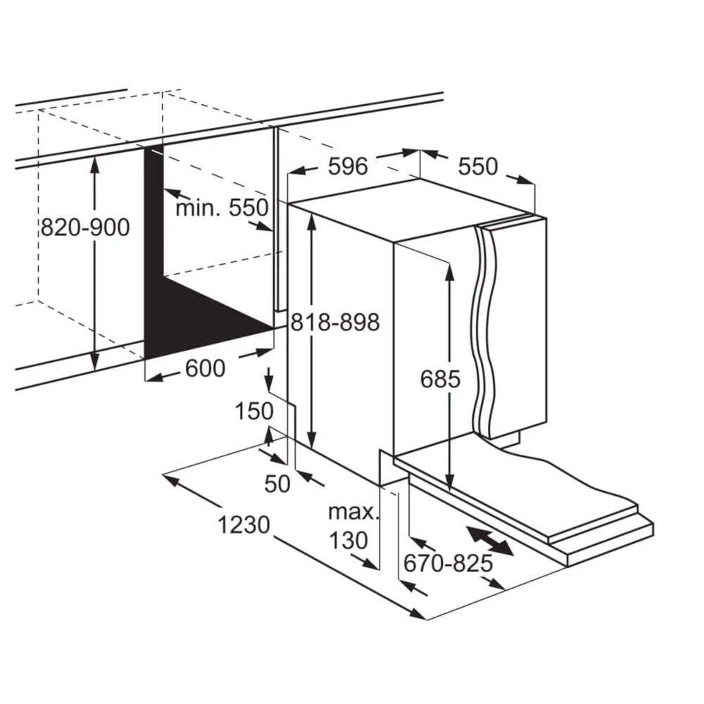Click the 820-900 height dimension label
click(85, 227)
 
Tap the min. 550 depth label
click(222, 208)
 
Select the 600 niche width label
click(205, 369)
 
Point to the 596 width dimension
click(348, 167)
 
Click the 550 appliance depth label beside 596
click(478, 167)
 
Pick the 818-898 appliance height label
click(335, 322)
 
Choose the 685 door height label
click(440, 379)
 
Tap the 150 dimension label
click(254, 411)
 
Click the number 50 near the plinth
click(277, 484)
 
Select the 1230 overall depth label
click(244, 524)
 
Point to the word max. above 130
click(354, 513)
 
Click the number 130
click(349, 541)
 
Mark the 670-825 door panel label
click(448, 563)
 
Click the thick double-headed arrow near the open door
click(490, 541)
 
